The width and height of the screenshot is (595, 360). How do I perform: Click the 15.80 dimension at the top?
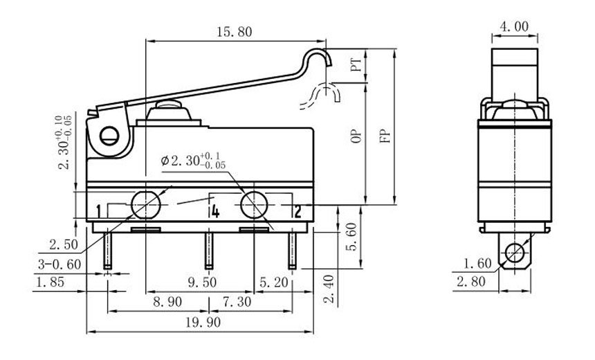click(234, 32)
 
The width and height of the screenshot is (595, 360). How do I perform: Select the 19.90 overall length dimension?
click(203, 323)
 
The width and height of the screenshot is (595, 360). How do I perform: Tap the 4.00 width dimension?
click(514, 26)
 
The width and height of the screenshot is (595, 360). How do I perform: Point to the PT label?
click(356, 65)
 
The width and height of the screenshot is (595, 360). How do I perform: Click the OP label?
click(356, 136)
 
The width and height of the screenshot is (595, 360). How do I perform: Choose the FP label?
click(385, 136)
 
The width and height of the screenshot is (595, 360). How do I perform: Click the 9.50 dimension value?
click(202, 282)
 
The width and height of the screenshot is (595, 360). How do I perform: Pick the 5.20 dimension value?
click(274, 282)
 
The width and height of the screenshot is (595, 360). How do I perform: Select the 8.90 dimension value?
click(167, 302)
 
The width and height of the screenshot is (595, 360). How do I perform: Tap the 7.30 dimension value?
click(237, 302)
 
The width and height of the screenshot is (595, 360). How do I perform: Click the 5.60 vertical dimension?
click(351, 237)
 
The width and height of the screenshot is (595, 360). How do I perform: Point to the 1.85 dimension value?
click(50, 282)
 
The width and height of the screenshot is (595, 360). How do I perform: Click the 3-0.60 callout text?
click(59, 264)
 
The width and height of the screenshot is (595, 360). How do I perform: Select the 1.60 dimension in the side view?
click(477, 263)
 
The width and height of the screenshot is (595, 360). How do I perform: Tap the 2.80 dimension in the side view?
click(471, 281)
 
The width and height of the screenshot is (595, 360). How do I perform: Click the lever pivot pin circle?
click(109, 136)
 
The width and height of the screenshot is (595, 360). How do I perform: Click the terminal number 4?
click(215, 212)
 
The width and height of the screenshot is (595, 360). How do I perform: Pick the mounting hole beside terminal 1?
click(145, 205)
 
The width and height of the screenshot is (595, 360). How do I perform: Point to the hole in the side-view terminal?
click(514, 252)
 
